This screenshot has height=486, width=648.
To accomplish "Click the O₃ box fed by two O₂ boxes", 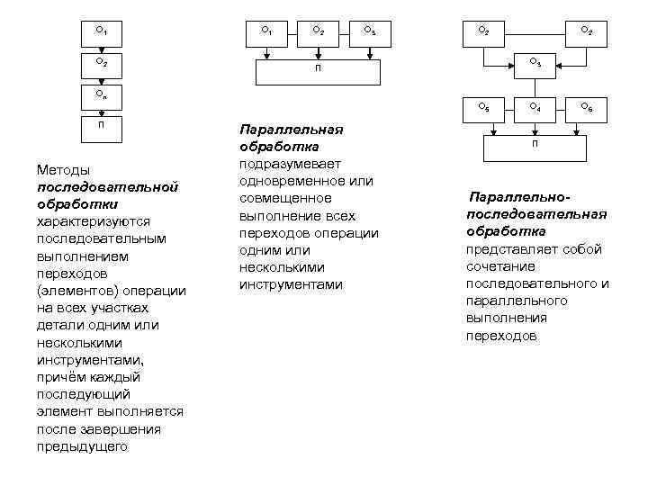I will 535,62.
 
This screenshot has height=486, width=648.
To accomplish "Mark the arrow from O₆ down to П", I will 586,126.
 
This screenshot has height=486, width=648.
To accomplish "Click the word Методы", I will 62,169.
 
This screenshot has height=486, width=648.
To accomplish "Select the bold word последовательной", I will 107,186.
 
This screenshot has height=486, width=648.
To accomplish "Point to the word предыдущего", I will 82,445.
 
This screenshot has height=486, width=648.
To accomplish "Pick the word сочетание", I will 500,266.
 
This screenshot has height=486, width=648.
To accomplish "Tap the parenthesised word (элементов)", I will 75,291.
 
